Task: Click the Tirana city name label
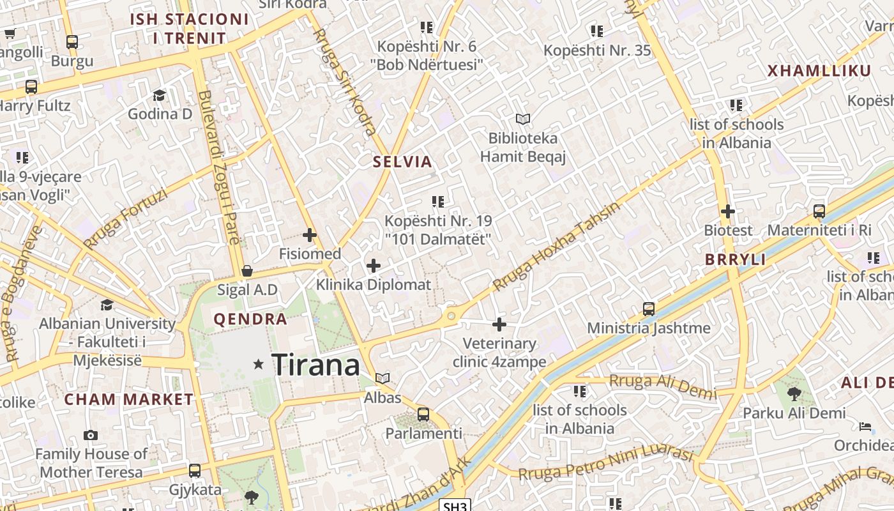(x=315, y=365)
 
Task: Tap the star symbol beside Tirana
(x=259, y=364)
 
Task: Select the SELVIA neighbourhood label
(x=403, y=162)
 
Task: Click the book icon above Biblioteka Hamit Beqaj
(x=523, y=119)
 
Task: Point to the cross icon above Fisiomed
(x=310, y=235)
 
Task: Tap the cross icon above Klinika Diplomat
(x=374, y=266)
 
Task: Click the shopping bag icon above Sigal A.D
(x=247, y=271)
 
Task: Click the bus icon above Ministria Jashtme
(x=649, y=309)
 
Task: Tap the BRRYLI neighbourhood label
(x=735, y=259)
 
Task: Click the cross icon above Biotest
(x=728, y=211)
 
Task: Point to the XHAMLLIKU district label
(x=810, y=71)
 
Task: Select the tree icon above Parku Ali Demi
(x=794, y=393)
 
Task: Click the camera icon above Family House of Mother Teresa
(x=91, y=436)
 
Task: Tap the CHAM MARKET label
(x=128, y=400)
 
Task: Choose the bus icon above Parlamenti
(x=423, y=414)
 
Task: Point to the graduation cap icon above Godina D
(x=159, y=95)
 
